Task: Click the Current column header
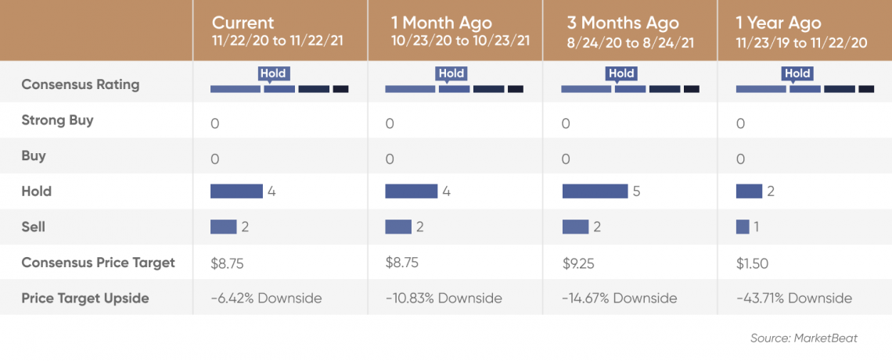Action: (243, 23)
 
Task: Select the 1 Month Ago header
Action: (441, 23)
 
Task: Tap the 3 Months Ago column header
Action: (622, 23)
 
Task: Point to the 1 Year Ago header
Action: (779, 23)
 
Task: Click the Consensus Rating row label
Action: (81, 84)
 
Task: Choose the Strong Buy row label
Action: (57, 120)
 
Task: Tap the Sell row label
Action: (33, 227)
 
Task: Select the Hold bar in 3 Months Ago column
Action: (595, 191)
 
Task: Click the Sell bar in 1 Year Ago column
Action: (743, 227)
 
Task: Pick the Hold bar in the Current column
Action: (236, 191)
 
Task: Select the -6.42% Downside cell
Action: (266, 298)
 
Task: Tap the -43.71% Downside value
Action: (794, 298)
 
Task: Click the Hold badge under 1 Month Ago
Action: (451, 73)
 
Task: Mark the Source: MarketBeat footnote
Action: (804, 338)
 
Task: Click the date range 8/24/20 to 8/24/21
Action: (631, 42)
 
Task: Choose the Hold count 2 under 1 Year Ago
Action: (770, 191)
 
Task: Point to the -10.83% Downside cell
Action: (444, 298)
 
